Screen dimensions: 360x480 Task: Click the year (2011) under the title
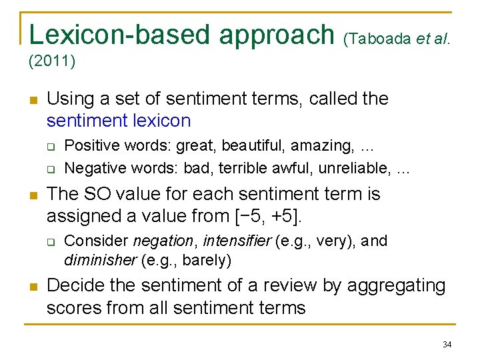[x=52, y=62]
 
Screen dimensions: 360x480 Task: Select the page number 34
[x=447, y=344]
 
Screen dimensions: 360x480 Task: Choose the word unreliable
[x=354, y=167]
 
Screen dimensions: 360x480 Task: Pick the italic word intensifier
[x=237, y=241]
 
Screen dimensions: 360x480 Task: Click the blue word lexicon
[x=161, y=121]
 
